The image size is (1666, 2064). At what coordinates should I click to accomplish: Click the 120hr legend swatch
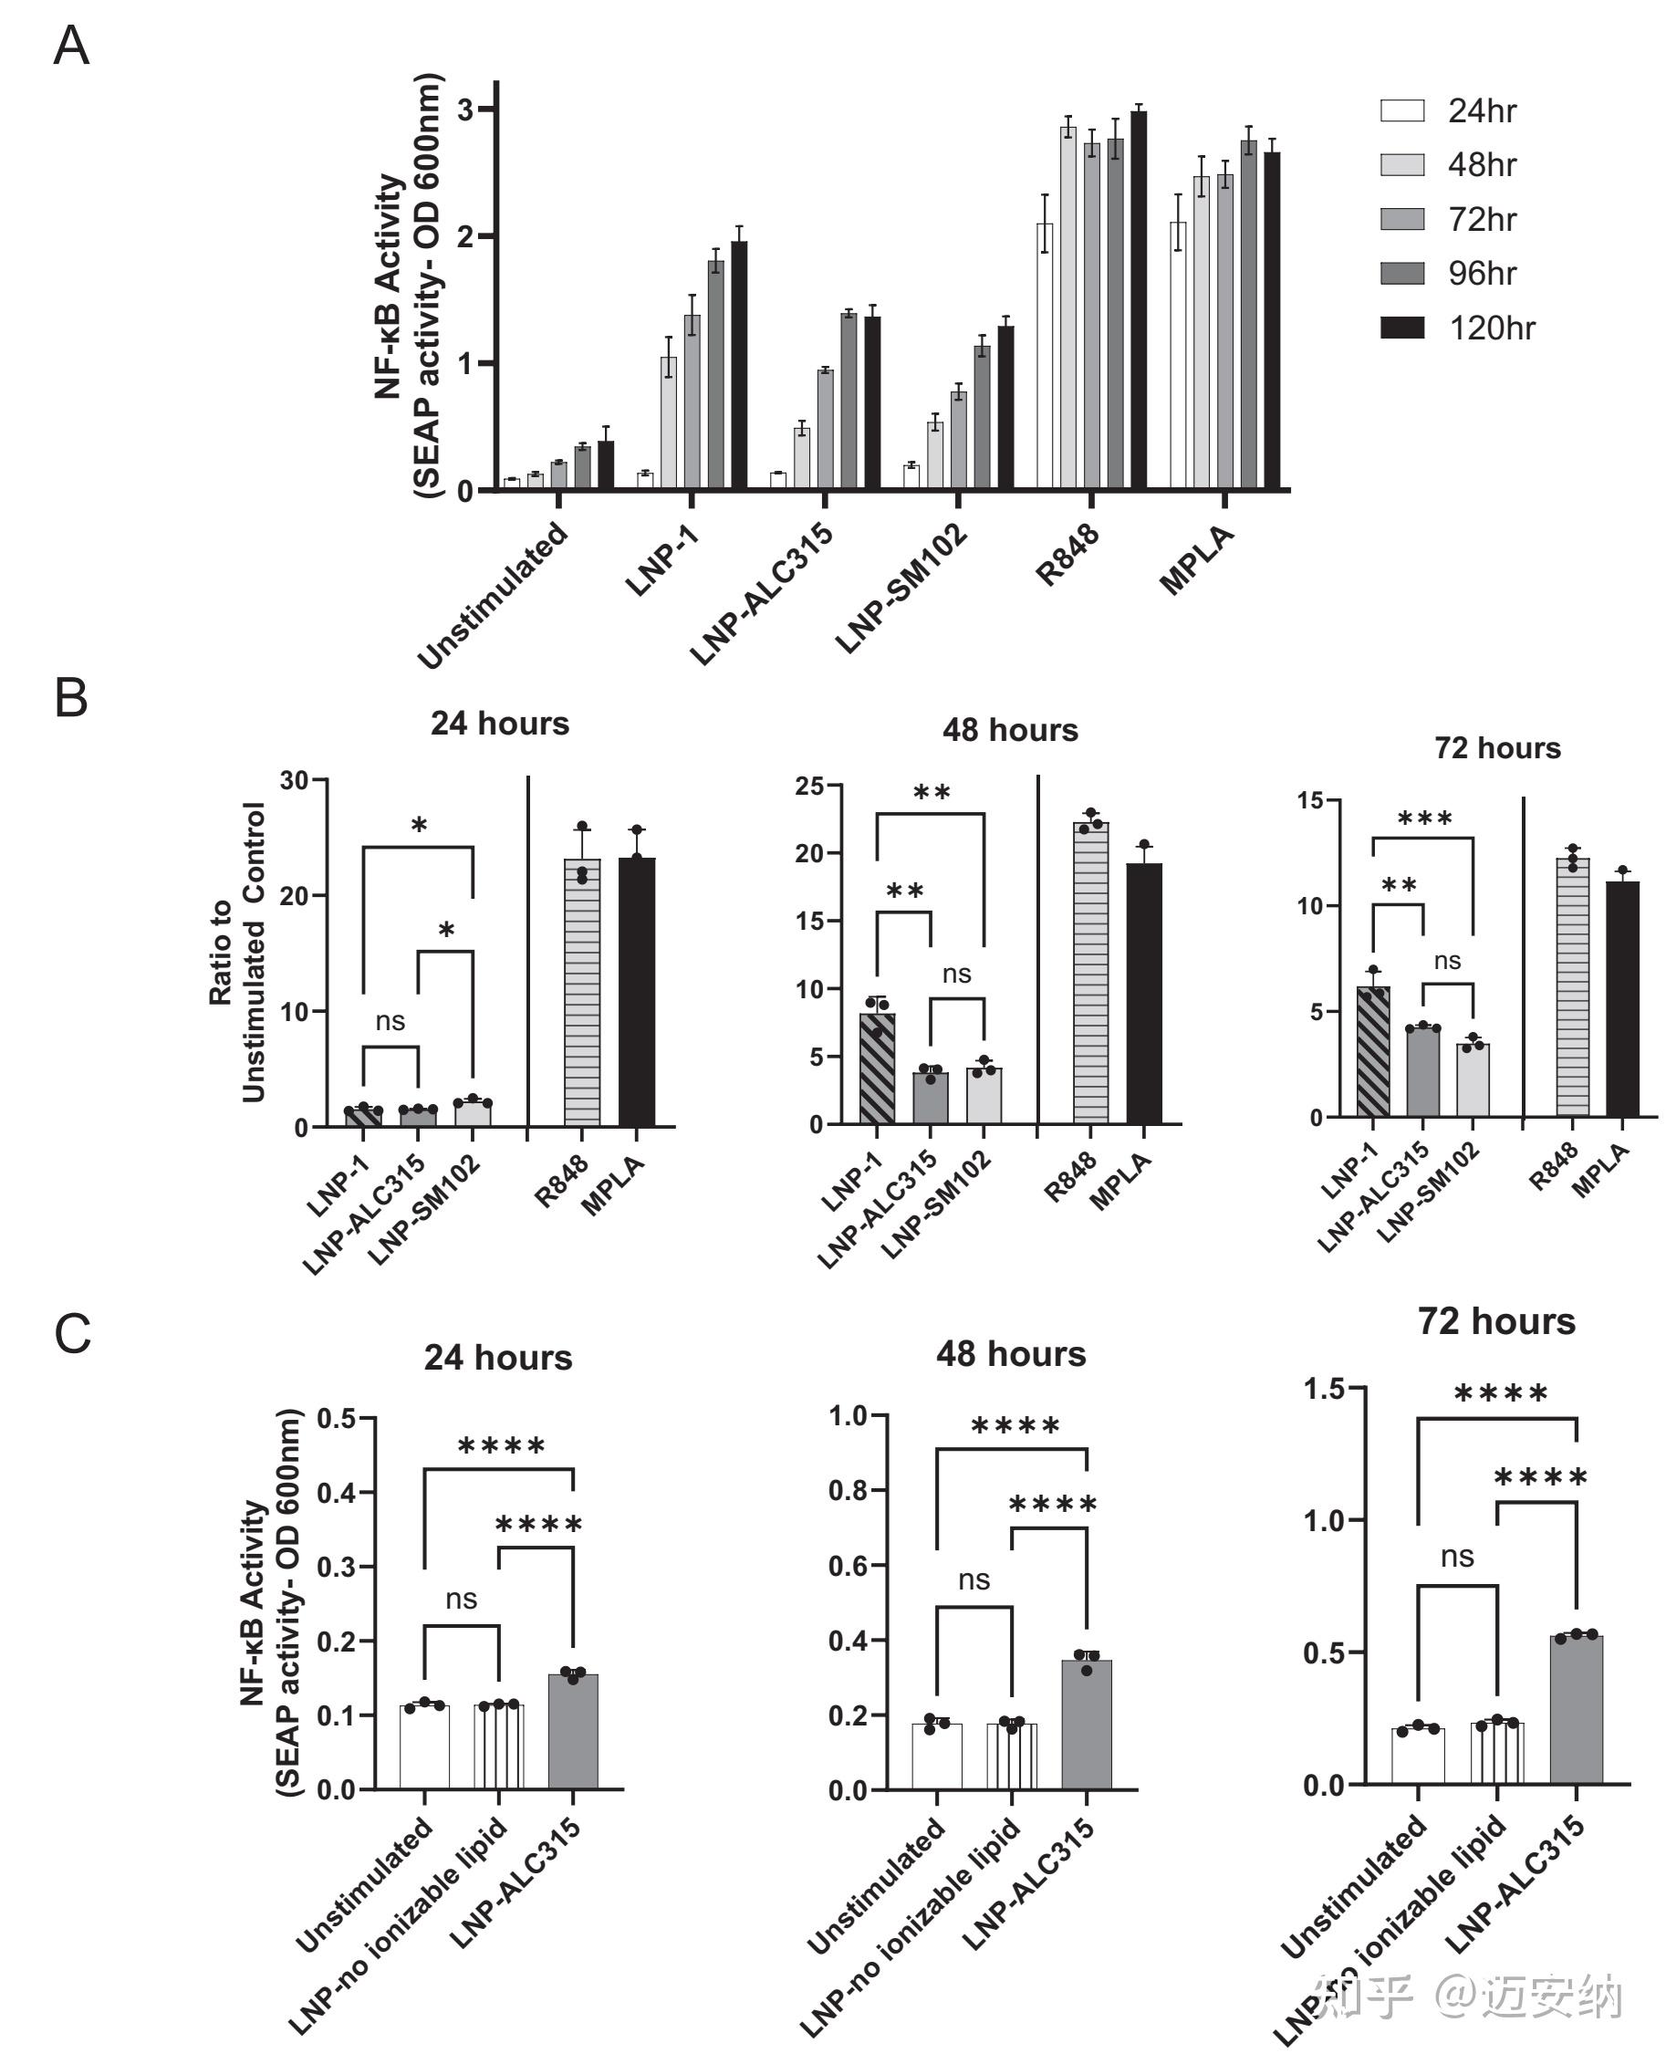pos(1401,328)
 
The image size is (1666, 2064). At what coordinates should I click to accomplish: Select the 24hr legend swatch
pos(1401,110)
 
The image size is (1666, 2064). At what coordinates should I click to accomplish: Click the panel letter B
pos(71,698)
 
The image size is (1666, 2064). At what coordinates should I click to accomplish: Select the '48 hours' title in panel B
pos(1010,729)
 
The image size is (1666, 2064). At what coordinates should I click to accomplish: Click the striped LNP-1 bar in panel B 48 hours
pos(877,1068)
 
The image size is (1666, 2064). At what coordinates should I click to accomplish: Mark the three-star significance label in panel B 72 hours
pos(1424,819)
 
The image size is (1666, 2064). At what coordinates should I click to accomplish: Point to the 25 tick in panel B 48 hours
pos(811,786)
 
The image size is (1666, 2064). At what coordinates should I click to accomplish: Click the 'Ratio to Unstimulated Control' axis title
pos(237,952)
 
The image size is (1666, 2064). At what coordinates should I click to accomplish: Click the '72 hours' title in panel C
pos(1496,1321)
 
